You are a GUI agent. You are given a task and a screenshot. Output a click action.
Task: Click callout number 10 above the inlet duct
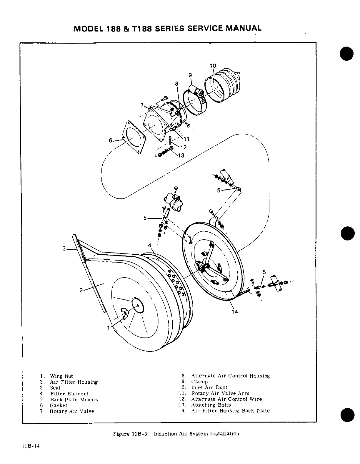[x=213, y=66]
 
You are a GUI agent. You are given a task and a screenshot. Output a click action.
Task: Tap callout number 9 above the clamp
[x=190, y=75]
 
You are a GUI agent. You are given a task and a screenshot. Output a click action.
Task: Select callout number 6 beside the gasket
[x=111, y=141]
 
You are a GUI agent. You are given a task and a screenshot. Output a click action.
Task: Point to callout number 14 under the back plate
[x=235, y=311]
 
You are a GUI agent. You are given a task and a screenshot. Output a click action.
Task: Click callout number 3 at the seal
[x=64, y=248]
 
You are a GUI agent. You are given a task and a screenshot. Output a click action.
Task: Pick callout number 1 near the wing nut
[x=109, y=328]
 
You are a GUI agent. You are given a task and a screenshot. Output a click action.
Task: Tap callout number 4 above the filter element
[x=150, y=245]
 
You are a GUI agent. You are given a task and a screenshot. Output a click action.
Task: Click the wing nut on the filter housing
[x=125, y=313]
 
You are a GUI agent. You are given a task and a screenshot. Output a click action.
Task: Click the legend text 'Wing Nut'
[x=61, y=376]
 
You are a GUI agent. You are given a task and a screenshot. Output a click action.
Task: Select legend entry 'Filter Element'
[x=69, y=394]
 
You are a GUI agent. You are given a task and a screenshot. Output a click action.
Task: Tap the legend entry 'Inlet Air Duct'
[x=209, y=387]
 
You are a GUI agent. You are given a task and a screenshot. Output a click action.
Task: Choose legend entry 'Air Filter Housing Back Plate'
[x=230, y=411]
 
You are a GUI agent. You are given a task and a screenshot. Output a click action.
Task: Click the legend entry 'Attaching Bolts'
[x=211, y=405]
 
